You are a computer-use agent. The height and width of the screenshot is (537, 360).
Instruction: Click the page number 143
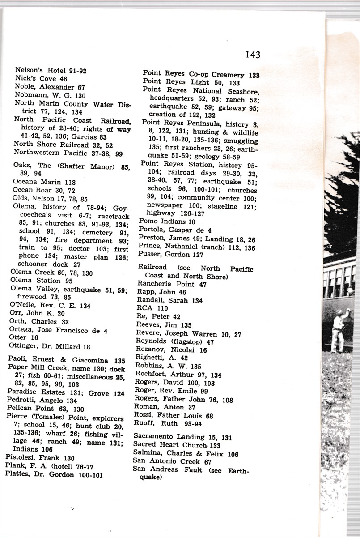point(252,55)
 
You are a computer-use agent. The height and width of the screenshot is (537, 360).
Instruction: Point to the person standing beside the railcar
point(338,329)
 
